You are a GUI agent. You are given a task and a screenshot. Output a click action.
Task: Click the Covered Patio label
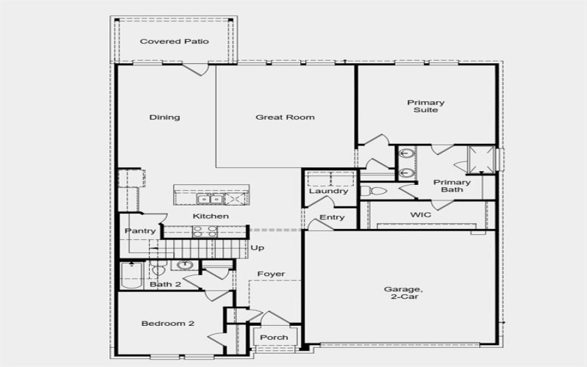click(x=174, y=42)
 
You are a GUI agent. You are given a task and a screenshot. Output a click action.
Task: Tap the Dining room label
click(x=164, y=117)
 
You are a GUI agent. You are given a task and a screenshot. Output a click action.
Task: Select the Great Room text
click(x=285, y=117)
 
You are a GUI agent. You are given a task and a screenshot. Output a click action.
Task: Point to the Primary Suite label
click(x=426, y=106)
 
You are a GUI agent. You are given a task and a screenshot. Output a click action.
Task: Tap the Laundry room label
click(x=328, y=192)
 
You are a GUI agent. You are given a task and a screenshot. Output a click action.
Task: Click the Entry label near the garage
click(x=332, y=218)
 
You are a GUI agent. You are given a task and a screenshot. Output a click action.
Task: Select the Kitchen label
click(x=211, y=217)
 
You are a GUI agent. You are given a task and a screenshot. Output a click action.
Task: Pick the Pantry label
click(x=139, y=231)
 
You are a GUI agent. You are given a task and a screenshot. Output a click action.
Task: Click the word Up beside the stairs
click(x=258, y=248)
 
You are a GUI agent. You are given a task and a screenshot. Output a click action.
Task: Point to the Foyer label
click(x=271, y=275)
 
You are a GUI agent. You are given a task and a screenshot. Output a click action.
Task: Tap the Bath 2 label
click(x=165, y=284)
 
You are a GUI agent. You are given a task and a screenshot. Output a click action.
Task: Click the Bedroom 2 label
click(x=167, y=323)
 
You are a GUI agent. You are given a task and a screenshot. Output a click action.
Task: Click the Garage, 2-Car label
click(x=402, y=294)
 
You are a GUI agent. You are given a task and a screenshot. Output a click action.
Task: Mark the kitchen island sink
click(x=208, y=199)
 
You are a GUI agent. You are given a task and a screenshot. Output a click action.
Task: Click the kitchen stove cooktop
click(x=205, y=231)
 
